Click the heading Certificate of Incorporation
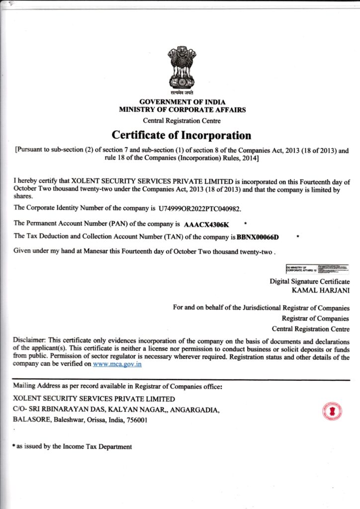click(x=181, y=135)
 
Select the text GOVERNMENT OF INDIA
click(x=182, y=102)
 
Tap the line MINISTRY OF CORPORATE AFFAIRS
click(x=182, y=110)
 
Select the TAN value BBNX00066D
click(x=258, y=237)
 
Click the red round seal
click(x=332, y=411)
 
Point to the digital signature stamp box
click(x=317, y=270)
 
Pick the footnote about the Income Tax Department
click(x=73, y=447)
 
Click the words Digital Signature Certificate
click(x=309, y=281)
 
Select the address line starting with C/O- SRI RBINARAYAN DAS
click(x=116, y=410)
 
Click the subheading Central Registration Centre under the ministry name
click(x=182, y=121)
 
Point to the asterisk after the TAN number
click(x=297, y=237)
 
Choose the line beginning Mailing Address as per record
click(x=117, y=386)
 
